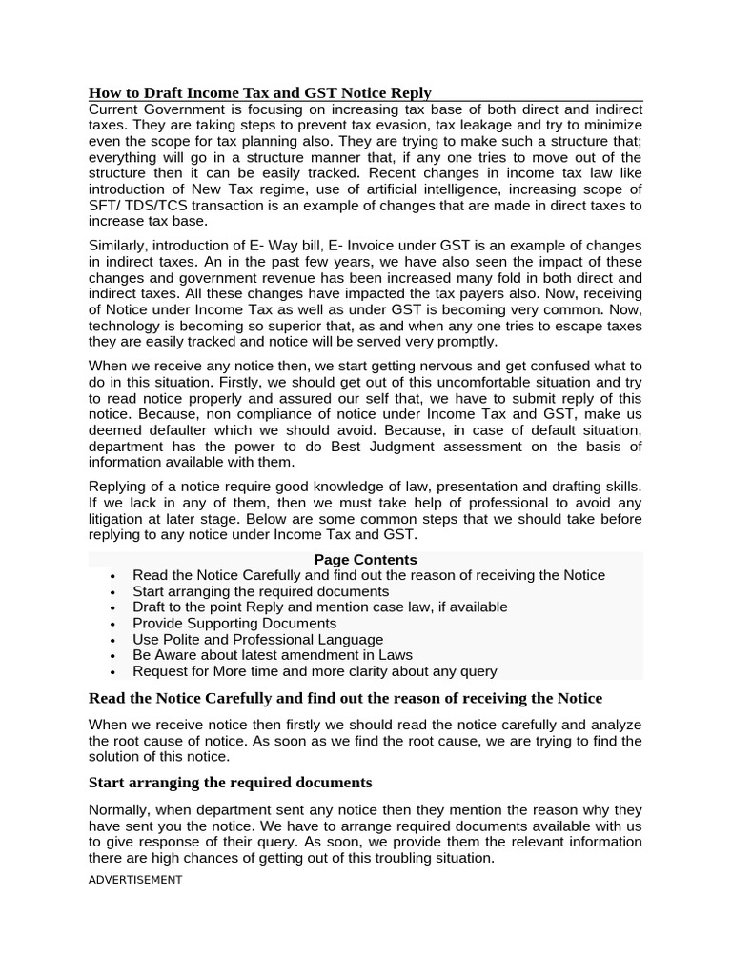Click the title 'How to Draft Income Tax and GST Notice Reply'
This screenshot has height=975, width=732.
tap(259, 92)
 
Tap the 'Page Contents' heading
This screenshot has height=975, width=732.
tap(365, 559)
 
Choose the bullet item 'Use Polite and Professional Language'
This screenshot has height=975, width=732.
tap(257, 639)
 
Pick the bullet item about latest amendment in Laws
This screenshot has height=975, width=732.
tap(273, 655)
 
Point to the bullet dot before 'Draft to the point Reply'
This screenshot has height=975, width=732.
tap(112, 607)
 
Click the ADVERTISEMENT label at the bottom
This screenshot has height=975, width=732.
tap(134, 880)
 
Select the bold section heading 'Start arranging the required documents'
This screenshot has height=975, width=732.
tap(230, 782)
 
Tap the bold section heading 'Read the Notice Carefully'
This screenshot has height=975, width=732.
tap(345, 698)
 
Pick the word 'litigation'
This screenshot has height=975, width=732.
tap(121, 519)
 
